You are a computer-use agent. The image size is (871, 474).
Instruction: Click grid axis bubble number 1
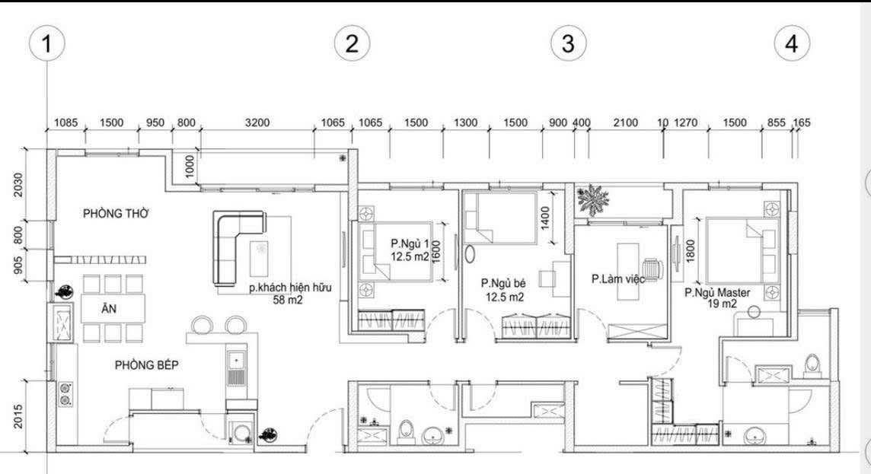tap(47, 44)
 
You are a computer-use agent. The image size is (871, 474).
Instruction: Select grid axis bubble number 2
tap(352, 44)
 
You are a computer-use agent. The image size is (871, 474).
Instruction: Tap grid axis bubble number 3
tap(568, 44)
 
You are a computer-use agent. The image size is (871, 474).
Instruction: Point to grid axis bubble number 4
tap(792, 44)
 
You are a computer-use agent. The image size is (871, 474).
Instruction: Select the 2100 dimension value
tap(625, 122)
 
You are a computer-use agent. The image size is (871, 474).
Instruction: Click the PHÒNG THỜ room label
tap(116, 214)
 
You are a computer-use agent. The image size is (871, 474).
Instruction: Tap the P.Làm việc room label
tap(618, 279)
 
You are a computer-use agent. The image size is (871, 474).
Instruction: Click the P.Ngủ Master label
tap(717, 292)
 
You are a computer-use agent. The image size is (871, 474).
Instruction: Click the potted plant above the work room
tap(593, 201)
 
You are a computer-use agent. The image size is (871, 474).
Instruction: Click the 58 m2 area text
tap(291, 301)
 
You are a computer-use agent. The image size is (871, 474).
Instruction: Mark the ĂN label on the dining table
tap(109, 309)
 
